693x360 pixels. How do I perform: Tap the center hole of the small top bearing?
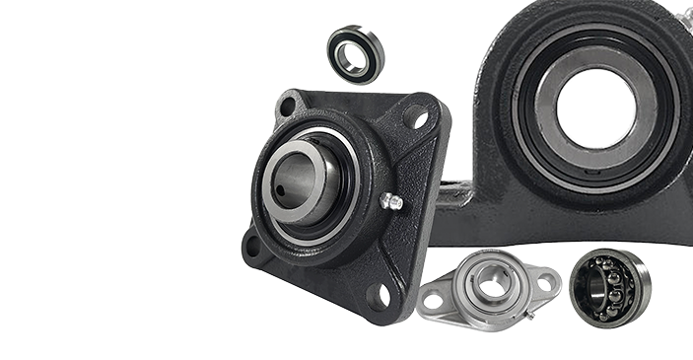click(355, 54)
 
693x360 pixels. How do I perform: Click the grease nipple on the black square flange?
click(391, 202)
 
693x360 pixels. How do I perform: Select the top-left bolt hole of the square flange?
click(287, 108)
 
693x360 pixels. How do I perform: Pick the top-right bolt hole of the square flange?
click(419, 118)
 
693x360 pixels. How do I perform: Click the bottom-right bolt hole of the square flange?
click(380, 294)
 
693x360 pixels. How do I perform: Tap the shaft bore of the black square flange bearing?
click(299, 180)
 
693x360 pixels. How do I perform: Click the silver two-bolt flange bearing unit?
click(490, 290)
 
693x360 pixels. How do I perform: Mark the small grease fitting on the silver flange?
click(529, 315)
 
